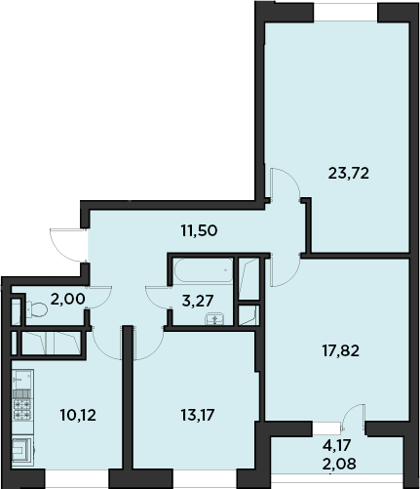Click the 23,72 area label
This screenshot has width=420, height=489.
349,174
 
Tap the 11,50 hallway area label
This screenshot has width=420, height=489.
199,231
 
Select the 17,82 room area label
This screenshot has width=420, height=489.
341,351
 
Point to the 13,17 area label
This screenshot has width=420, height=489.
198,416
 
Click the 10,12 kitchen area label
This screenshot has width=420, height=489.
78,416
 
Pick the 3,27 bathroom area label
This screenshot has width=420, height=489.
198,301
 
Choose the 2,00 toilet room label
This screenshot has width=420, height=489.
68,299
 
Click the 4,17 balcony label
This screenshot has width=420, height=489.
337,445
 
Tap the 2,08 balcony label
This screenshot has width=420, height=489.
339,464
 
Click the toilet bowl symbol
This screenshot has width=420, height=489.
37,309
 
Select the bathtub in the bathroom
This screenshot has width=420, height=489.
204,270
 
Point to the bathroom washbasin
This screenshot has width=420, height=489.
214,319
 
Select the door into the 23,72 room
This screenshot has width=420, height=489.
285,183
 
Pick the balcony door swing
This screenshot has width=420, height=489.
353,418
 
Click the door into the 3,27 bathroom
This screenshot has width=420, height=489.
159,297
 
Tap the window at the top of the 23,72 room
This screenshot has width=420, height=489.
345,13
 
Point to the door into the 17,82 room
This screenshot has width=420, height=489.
285,270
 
